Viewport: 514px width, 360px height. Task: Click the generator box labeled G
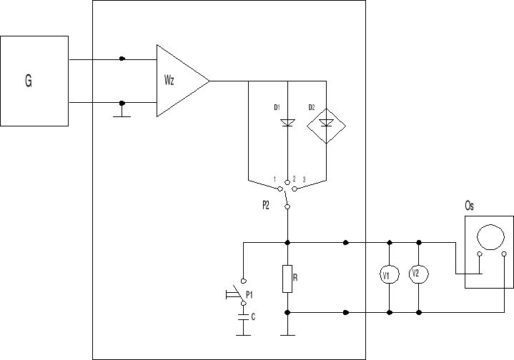34,81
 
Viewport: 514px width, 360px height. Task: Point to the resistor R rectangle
287,279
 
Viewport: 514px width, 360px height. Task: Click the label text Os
470,206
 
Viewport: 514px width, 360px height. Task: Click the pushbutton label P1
249,294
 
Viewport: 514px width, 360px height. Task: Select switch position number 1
275,179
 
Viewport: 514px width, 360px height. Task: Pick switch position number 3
305,179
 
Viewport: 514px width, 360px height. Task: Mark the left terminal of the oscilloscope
480,254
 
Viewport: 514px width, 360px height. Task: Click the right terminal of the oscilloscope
504,254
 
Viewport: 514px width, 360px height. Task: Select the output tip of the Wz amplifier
209,81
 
